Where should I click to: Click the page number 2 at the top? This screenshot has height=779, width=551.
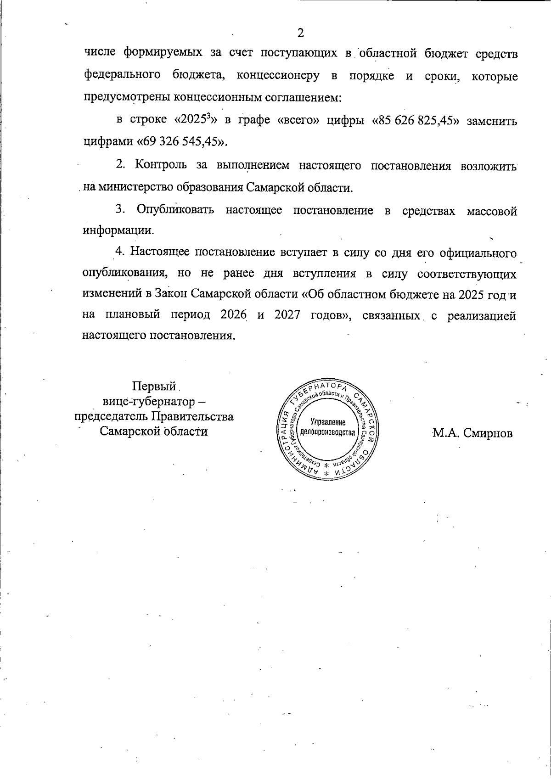pos(301,33)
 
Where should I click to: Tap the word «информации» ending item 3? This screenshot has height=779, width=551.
pos(118,230)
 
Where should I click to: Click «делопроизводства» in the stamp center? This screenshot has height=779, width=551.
pos(327,433)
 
